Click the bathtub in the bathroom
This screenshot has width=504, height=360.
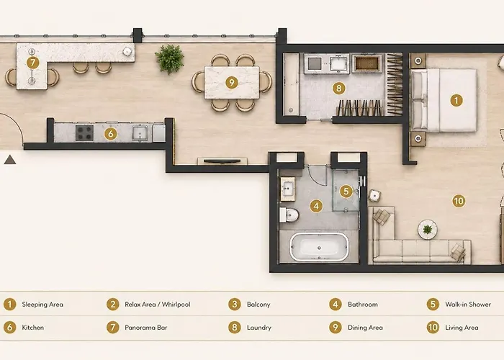point(319,247)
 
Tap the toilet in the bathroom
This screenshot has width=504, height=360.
point(289,215)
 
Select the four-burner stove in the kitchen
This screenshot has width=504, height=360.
point(84,132)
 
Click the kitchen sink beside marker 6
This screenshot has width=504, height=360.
point(140,133)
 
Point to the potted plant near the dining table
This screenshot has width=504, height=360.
point(170,59)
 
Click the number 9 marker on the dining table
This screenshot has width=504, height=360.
point(231,83)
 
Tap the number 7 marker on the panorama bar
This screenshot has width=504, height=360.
point(32,63)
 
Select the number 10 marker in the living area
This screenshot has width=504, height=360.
point(459,201)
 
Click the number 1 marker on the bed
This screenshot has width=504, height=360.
point(456,100)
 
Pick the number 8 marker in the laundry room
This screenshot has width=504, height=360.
point(339,88)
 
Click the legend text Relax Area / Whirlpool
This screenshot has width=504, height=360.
point(158,305)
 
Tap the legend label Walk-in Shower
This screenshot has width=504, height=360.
point(468,305)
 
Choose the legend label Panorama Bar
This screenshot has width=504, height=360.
point(146,328)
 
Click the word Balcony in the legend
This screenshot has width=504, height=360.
point(258,305)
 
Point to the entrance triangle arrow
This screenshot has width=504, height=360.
point(10,159)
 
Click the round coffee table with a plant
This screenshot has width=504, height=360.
point(428,230)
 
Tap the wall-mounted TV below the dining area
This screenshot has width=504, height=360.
point(222,161)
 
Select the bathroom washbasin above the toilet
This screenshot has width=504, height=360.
point(288,189)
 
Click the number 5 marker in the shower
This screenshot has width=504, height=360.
point(346,192)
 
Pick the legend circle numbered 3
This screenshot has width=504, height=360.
point(235,305)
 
